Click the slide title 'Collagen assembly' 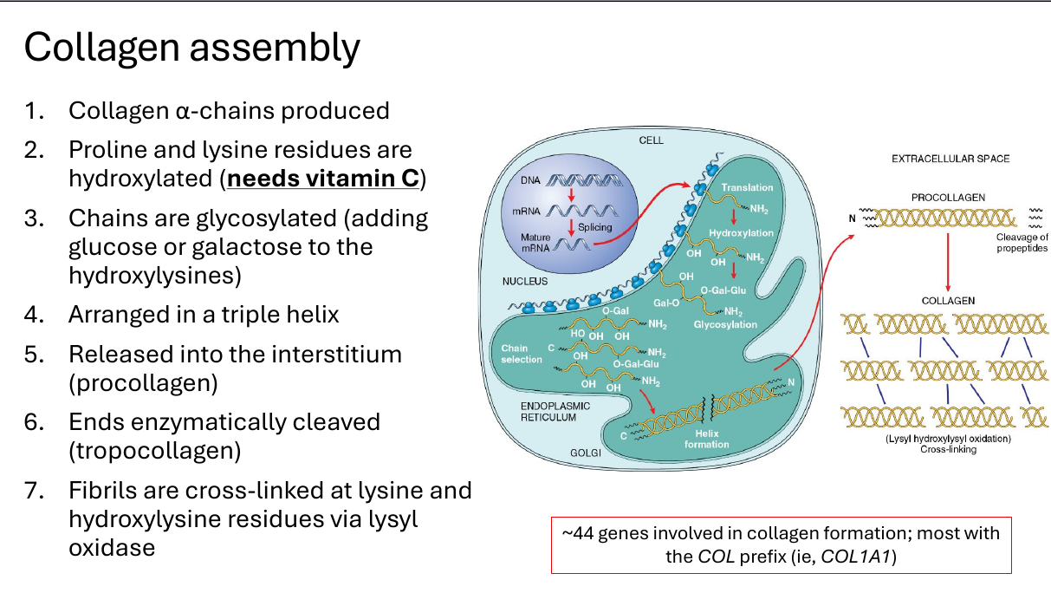click(x=191, y=48)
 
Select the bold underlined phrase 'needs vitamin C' click(x=323, y=179)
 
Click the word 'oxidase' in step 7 click(x=112, y=547)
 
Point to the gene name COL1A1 click(x=855, y=557)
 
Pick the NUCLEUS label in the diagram click(x=524, y=281)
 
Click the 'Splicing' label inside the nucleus click(x=595, y=227)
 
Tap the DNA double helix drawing click(x=584, y=180)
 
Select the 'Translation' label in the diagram click(x=747, y=187)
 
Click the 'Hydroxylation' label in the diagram click(x=741, y=233)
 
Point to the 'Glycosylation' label click(x=725, y=324)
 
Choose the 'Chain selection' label click(x=522, y=354)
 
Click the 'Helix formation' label click(x=707, y=439)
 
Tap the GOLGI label click(x=585, y=453)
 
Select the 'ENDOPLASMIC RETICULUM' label click(x=555, y=411)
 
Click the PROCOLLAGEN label click(x=948, y=198)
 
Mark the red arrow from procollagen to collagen click(x=948, y=262)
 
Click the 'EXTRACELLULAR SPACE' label click(x=950, y=159)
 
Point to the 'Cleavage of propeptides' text click(x=1022, y=243)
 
